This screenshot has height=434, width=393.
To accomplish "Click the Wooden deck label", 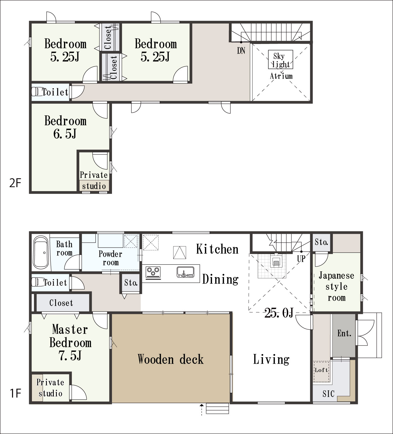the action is pyautogui.click(x=171, y=359).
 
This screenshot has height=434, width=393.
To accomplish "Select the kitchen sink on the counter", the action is pyautogui.click(x=185, y=272).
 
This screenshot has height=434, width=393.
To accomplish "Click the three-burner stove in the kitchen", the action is pyautogui.click(x=153, y=272).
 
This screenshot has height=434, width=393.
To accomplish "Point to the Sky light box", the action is pyautogui.click(x=280, y=59).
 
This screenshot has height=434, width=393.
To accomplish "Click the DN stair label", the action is pyautogui.click(x=241, y=51).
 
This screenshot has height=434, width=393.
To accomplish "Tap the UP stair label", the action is pyautogui.click(x=301, y=259).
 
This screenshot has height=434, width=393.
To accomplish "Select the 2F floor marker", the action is pyautogui.click(x=15, y=183).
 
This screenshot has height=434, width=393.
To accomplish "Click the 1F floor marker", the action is pyautogui.click(x=15, y=393).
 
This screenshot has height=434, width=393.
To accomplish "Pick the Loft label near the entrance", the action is pyautogui.click(x=321, y=370).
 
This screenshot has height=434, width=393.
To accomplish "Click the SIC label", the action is pyautogui.click(x=328, y=394).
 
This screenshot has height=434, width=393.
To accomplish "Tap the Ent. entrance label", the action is pyautogui.click(x=344, y=333).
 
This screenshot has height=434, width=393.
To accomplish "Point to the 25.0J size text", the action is pyautogui.click(x=279, y=313).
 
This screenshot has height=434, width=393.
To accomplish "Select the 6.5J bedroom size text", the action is pyautogui.click(x=65, y=134).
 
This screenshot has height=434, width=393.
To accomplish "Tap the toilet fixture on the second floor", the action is pyautogui.click(x=36, y=92).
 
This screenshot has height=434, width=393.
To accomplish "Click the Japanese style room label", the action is pyautogui.click(x=336, y=287).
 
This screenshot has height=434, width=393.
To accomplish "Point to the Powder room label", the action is pyautogui.click(x=110, y=258).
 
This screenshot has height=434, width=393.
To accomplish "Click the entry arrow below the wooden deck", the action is pyautogui.click(x=201, y=409).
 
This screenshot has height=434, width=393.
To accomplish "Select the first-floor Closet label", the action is pyautogui.click(x=61, y=303).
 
